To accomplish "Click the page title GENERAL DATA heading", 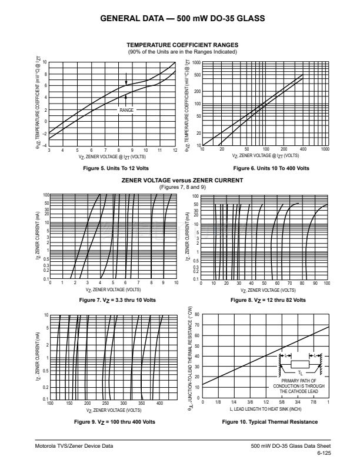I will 179,18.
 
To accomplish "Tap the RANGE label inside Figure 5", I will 126,110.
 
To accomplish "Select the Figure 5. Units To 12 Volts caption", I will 112,168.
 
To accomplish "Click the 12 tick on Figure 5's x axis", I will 175,151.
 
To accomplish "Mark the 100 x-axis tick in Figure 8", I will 326,283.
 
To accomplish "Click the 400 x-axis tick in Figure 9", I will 160,404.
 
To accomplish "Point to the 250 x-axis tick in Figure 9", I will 106,404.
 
